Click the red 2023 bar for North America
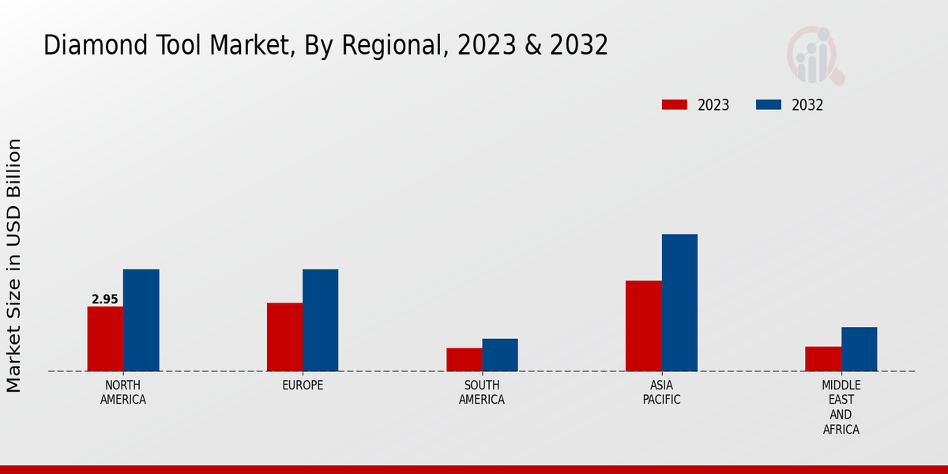coord(105,339)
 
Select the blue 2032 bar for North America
coord(141,320)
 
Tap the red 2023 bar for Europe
coord(284,337)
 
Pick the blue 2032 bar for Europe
coord(320,320)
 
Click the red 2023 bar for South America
coord(464,359)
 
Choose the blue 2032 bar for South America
coord(500,355)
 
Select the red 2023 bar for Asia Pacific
coord(643,325)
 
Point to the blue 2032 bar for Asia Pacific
coord(679,303)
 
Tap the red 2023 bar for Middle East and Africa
coord(823,359)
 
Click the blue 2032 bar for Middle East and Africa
coord(859,349)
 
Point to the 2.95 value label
coord(105,299)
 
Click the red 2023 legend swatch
coord(675,105)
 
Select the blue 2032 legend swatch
coord(769,105)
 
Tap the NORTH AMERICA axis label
coord(123,393)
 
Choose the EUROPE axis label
coord(303,386)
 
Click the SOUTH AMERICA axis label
coord(482,393)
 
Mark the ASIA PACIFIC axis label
coord(661,393)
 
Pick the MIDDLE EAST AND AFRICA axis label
coord(841,408)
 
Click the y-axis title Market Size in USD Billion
coord(14,265)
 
